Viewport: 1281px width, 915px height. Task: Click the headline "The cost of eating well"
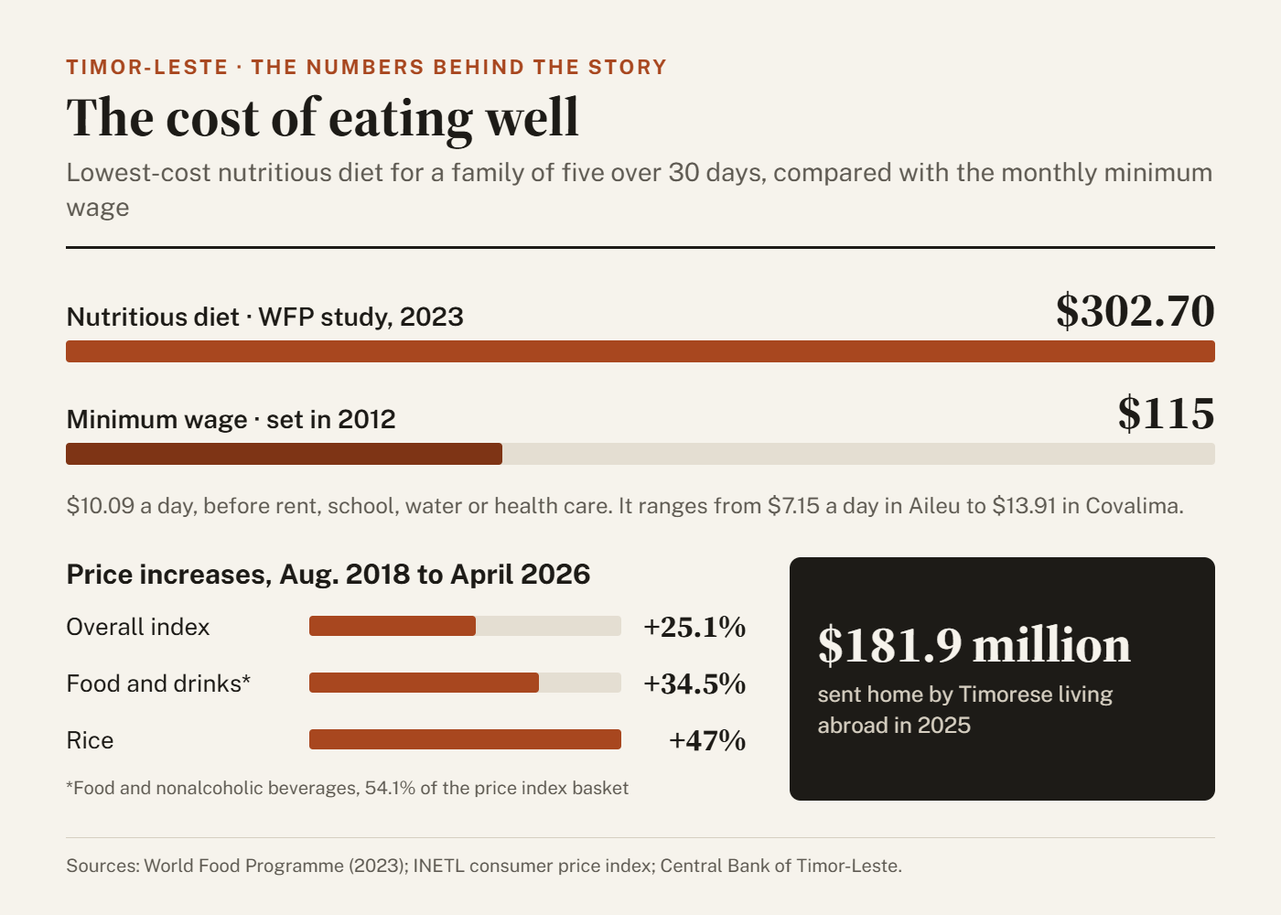point(322,119)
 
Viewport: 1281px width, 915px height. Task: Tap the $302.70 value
point(1136,312)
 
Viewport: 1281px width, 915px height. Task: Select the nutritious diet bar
point(640,351)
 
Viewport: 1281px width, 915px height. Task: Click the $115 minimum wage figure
point(1166,414)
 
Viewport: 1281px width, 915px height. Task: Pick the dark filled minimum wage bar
point(285,454)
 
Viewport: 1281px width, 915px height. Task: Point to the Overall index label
point(138,627)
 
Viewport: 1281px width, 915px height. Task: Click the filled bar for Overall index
point(393,626)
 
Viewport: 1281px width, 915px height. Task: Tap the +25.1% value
point(694,627)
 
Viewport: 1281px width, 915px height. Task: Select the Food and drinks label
point(158,684)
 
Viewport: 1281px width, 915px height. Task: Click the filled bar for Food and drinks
point(424,683)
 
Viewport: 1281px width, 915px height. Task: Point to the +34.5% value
point(694,684)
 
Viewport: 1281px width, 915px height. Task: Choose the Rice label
point(90,740)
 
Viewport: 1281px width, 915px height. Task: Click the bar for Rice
point(465,739)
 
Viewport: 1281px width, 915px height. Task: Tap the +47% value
point(707,740)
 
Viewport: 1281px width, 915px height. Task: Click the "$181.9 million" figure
point(974,646)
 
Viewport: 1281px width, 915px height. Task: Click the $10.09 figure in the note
point(100,506)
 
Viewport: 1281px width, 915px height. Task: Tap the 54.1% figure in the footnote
point(390,788)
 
